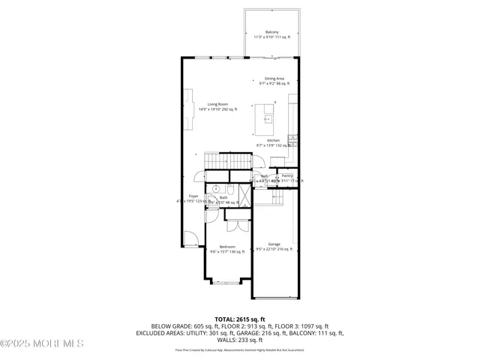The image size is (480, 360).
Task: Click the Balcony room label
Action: (x=272, y=32)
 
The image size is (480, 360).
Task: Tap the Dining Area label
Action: (x=274, y=79)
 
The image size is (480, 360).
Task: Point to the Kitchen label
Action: (x=274, y=140)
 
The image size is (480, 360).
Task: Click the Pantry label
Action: (x=287, y=176)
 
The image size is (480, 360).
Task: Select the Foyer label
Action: (x=193, y=196)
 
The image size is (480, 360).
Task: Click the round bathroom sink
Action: (x=214, y=189)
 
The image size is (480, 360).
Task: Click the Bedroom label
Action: (x=226, y=247)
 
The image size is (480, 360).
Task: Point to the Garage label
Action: (x=274, y=244)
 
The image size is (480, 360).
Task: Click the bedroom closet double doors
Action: (x=237, y=223)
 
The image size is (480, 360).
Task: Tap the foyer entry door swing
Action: (x=192, y=239)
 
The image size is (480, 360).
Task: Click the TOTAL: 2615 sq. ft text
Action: (x=239, y=319)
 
